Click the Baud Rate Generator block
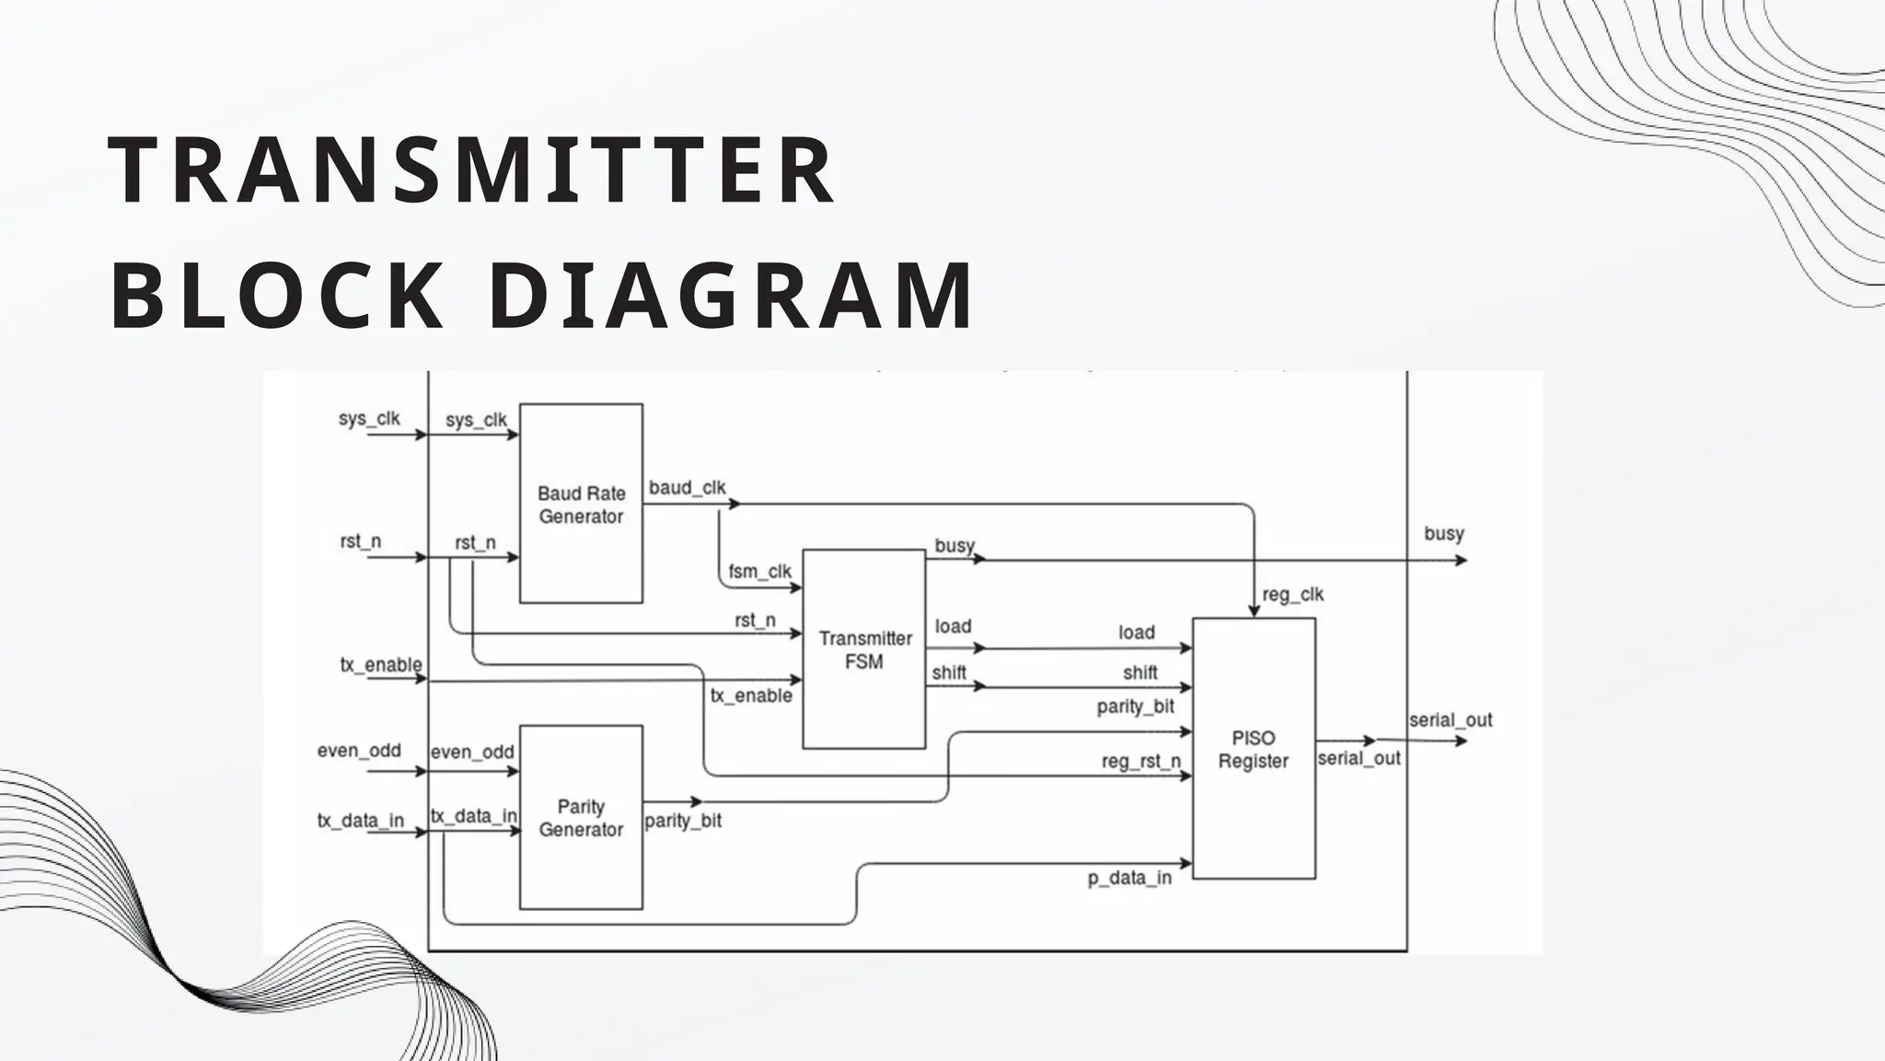(581, 504)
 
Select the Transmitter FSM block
(863, 649)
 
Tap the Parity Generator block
(581, 817)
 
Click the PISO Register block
(1253, 749)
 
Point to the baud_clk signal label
(687, 488)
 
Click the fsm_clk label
(759, 571)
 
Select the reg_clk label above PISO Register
(1292, 595)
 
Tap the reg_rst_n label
(1140, 762)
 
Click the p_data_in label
(1129, 878)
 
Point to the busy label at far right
(1443, 533)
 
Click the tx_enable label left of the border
(381, 665)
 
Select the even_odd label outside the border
(359, 751)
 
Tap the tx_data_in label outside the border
(361, 821)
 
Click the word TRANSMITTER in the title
(471, 171)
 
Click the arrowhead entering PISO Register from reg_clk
(1254, 611)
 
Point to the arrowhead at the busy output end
(1462, 560)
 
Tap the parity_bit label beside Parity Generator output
(683, 821)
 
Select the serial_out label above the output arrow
(1450, 720)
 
